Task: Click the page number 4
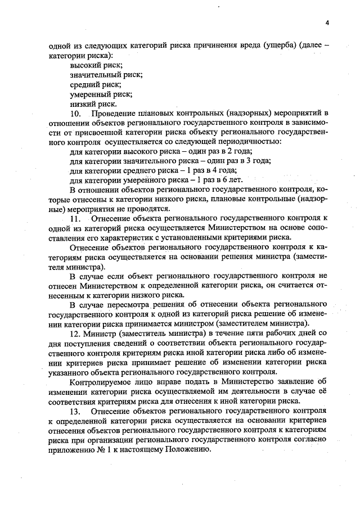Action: coord(326,22)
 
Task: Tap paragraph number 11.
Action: coord(76,218)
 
